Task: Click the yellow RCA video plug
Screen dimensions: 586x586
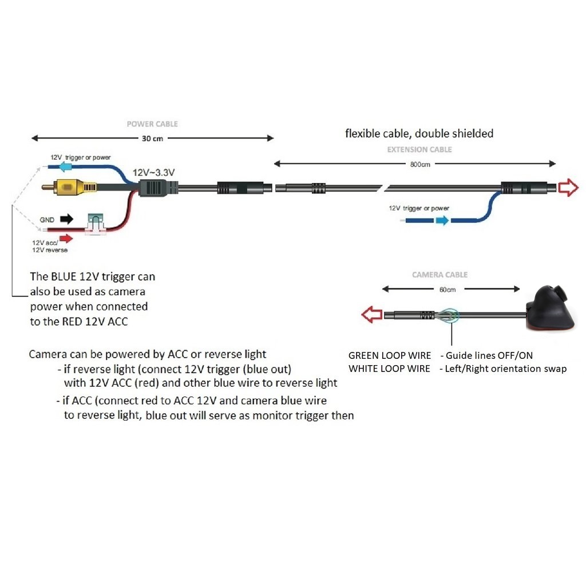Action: point(68,187)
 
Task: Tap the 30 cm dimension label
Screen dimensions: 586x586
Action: point(152,138)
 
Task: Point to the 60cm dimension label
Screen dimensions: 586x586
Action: point(447,290)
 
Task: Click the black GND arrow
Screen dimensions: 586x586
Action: point(67,219)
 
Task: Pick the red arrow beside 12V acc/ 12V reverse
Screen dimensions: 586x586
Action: point(66,238)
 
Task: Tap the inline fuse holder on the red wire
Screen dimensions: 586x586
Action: point(95,224)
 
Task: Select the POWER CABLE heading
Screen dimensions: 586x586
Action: point(152,124)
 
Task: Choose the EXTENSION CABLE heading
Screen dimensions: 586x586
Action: point(419,149)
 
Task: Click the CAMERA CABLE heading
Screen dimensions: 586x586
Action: point(439,275)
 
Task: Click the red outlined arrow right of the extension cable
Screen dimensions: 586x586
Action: point(568,188)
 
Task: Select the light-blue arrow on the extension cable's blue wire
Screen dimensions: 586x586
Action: point(442,220)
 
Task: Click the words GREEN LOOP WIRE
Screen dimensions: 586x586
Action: point(390,355)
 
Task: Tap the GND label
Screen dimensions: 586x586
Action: point(47,219)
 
